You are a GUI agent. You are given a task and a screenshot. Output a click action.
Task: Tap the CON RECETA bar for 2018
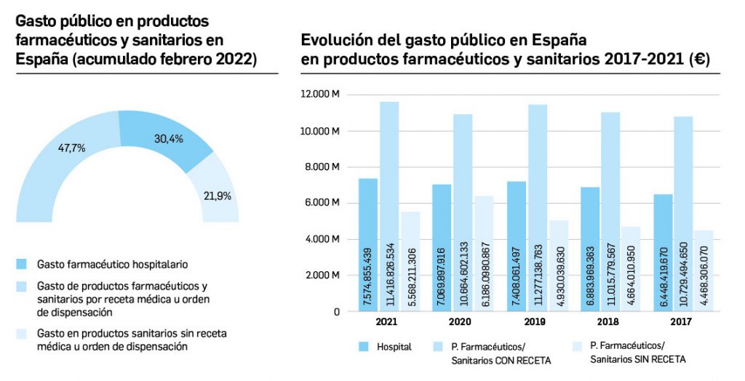coord(611,211)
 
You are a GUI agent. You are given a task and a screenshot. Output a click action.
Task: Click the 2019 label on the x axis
coord(535,321)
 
